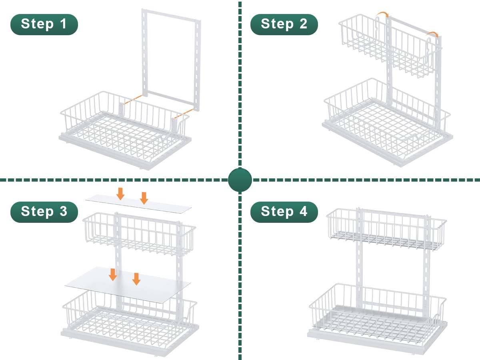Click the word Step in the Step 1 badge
37,24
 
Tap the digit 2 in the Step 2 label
303,24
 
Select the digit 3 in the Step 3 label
64,211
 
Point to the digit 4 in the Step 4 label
304,211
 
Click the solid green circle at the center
240,180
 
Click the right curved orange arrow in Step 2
432,34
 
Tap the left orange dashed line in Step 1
132,100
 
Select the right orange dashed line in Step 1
184,114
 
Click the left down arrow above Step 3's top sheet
120,194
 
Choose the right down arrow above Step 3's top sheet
144,198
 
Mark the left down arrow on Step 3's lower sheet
113,274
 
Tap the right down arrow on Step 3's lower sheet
136,279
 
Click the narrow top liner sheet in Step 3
138,204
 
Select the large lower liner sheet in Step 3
128,285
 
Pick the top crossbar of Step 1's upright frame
171,15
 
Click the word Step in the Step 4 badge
277,212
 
